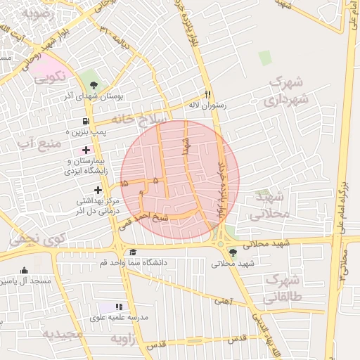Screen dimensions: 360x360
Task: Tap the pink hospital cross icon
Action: [86, 150]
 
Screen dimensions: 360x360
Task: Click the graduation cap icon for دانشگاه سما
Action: [133, 252]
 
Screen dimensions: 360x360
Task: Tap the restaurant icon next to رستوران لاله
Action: [207, 94]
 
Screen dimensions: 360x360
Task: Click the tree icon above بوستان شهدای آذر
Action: [94, 84]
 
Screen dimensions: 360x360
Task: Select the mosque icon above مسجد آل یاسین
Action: [25, 270]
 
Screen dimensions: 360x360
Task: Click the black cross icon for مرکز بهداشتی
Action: [98, 189]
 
